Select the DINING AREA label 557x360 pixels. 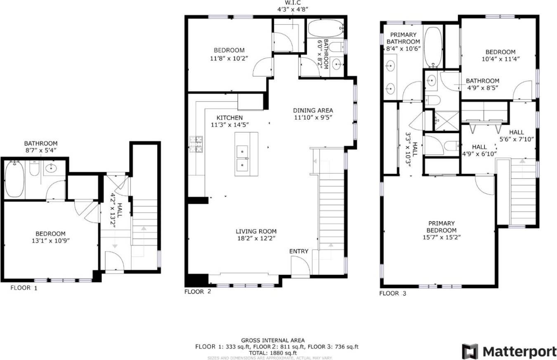[313, 111]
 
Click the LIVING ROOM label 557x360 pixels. [256, 231]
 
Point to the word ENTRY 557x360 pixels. [299, 251]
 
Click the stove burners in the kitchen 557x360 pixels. [196, 144]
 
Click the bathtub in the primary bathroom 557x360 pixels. [432, 47]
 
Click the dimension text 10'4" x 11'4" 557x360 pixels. [500, 59]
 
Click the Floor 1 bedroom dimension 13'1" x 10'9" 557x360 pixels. [50, 240]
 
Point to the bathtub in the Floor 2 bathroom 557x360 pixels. [325, 28]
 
